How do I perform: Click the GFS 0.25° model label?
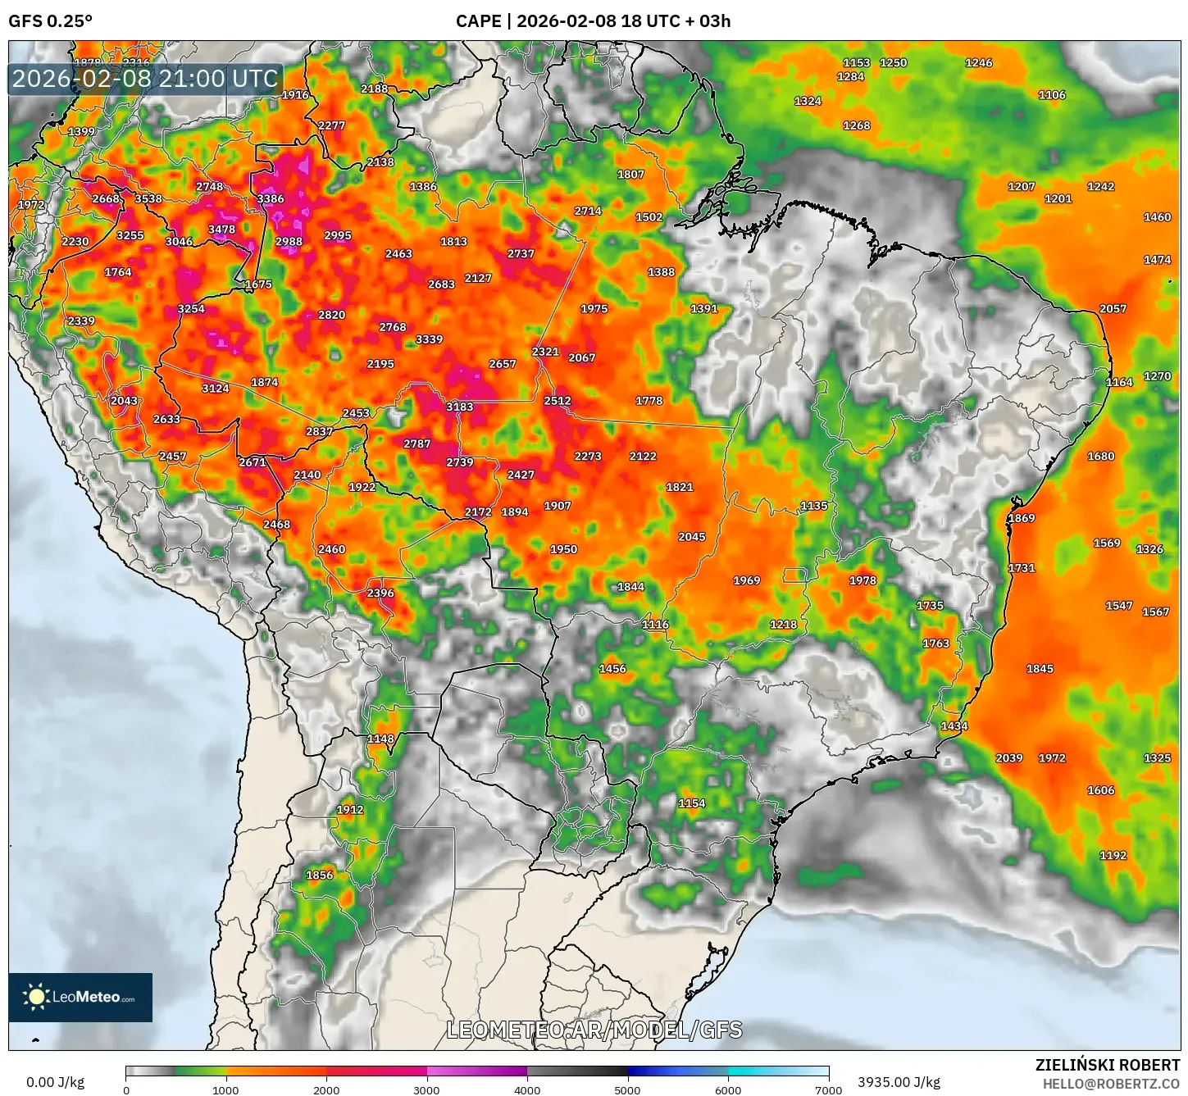[50, 21]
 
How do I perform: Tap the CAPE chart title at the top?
[593, 21]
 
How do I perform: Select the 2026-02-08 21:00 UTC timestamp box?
[145, 80]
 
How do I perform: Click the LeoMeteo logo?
[80, 997]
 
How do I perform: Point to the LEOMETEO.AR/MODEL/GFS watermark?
[594, 1030]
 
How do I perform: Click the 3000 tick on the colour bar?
[427, 1089]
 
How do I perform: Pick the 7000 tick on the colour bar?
[828, 1089]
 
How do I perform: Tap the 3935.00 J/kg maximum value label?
[899, 1082]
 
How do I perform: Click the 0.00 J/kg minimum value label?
[55, 1082]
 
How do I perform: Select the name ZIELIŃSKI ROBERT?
[1108, 1065]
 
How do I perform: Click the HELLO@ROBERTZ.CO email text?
[1111, 1084]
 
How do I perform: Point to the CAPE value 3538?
[148, 199]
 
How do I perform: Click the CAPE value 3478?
[221, 230]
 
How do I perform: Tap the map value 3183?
[460, 407]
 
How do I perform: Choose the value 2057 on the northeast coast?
[1113, 309]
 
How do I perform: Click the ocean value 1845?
[1040, 669]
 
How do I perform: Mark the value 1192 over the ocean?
[1113, 856]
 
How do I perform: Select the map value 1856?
[320, 875]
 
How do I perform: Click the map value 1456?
[612, 669]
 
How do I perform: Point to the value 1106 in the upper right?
[1052, 95]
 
